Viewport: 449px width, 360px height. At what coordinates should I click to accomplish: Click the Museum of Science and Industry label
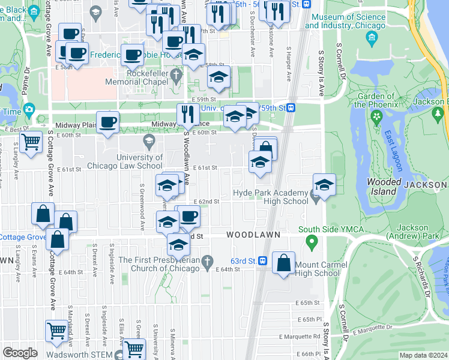click(345, 22)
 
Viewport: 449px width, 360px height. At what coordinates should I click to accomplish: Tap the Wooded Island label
click(382, 187)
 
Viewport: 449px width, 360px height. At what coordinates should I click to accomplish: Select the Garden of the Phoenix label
click(376, 100)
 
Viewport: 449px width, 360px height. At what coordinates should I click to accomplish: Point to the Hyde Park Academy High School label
click(270, 197)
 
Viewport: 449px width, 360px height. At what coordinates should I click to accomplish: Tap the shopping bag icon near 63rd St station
click(283, 263)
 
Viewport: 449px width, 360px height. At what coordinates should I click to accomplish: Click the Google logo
click(20, 352)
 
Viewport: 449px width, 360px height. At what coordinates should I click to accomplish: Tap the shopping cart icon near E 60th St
click(31, 142)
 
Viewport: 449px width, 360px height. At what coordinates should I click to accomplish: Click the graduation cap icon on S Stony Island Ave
click(324, 184)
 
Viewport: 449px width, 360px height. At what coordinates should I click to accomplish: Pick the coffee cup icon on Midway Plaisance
click(107, 122)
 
